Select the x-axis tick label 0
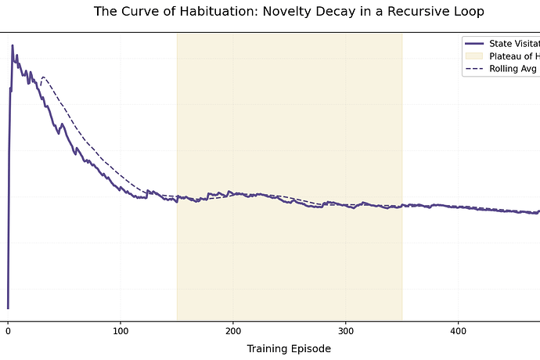[x=8, y=331]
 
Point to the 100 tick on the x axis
[x=121, y=331]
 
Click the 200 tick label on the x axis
[x=233, y=331]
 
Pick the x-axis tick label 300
[x=346, y=331]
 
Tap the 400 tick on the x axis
[x=459, y=331]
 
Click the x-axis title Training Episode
[x=289, y=348]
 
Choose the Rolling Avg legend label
[x=513, y=69]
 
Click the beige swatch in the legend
[x=475, y=56]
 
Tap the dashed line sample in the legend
[x=475, y=69]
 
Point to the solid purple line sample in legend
[x=475, y=43]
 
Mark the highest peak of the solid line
[x=13, y=45]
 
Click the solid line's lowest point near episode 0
[x=8, y=308]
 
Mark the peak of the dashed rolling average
[x=43, y=77]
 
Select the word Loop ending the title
[x=469, y=12]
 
